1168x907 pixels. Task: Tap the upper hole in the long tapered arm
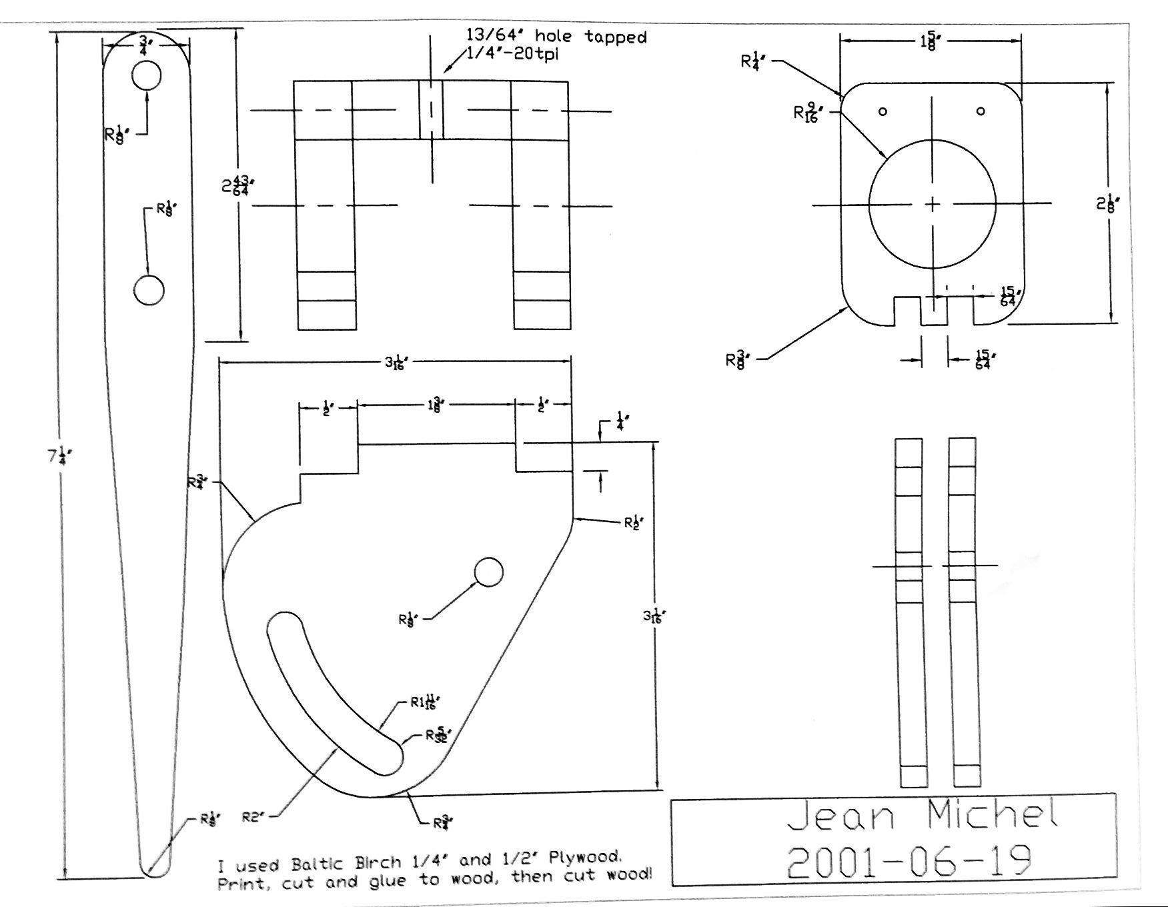point(146,76)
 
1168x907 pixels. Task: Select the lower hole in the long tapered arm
point(149,290)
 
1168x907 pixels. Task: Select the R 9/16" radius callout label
point(808,113)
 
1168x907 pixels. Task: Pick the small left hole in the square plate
point(883,111)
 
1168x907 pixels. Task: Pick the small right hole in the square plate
point(980,111)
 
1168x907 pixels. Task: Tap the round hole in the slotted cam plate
point(488,572)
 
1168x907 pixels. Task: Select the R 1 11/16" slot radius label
point(426,702)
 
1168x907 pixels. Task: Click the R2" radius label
point(253,815)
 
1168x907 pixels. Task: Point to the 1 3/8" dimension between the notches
point(434,405)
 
